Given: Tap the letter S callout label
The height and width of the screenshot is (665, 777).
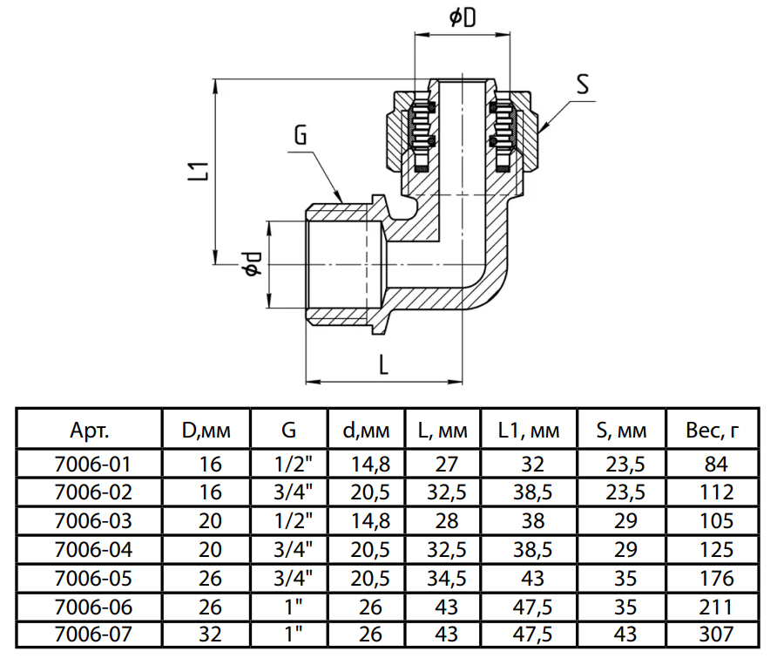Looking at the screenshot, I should click(x=583, y=85).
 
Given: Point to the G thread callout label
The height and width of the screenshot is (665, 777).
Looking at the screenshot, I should click(x=301, y=135).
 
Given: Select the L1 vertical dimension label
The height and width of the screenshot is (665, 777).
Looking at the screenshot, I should click(x=199, y=170).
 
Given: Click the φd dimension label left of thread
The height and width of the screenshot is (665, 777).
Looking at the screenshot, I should click(x=252, y=264).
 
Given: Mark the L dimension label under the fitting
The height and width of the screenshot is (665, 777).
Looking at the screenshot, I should click(x=383, y=364).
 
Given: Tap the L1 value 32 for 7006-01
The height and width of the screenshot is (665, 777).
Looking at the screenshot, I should click(x=532, y=464).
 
